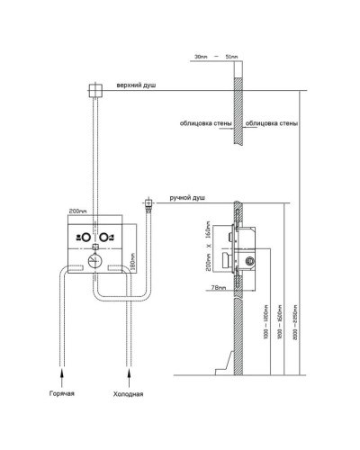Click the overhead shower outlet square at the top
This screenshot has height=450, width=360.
click(x=93, y=89)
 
